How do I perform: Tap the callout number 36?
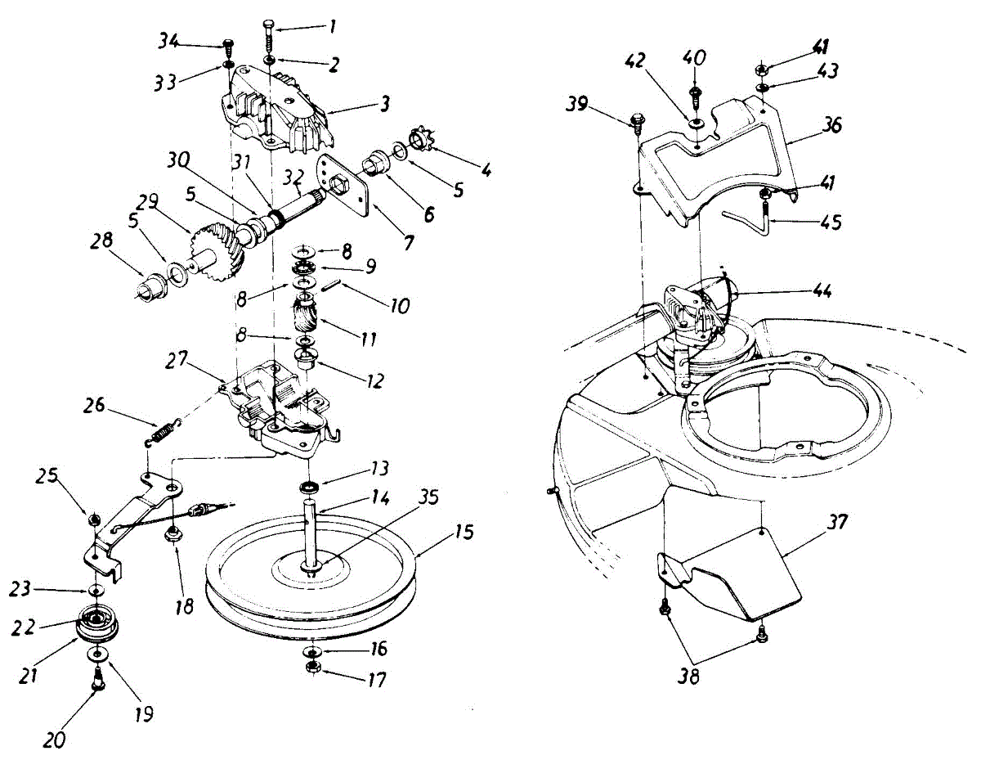pos(831,126)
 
